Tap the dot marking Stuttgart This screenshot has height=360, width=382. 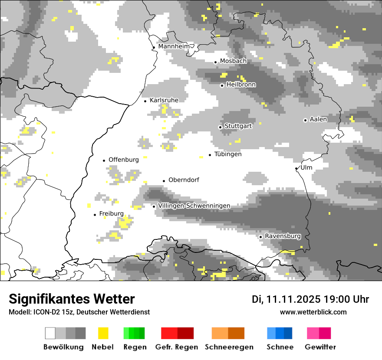coord(220,127)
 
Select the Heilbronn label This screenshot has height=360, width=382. coord(241,85)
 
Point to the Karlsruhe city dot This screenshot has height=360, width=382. coord(145,101)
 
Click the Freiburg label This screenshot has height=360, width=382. coord(111,213)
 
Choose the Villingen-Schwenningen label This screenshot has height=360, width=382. coord(194,206)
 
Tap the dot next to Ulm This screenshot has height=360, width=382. coord(296,168)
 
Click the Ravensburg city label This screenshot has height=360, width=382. coord(283,236)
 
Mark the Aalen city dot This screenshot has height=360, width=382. coord(305,120)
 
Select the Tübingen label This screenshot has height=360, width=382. coord(228,154)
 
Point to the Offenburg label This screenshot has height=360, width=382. coord(124,160)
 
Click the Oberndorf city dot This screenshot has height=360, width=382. coord(164,181)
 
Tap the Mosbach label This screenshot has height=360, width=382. coord(233,61)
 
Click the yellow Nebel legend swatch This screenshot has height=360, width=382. coord(103,333)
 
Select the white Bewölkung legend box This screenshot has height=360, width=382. coord(50,333)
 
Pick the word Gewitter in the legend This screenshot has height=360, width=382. coord(320,347)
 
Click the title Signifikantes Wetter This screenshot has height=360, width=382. coord(72,299)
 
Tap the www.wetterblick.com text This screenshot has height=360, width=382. coord(313,312)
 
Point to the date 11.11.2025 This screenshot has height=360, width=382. coord(293,299)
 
